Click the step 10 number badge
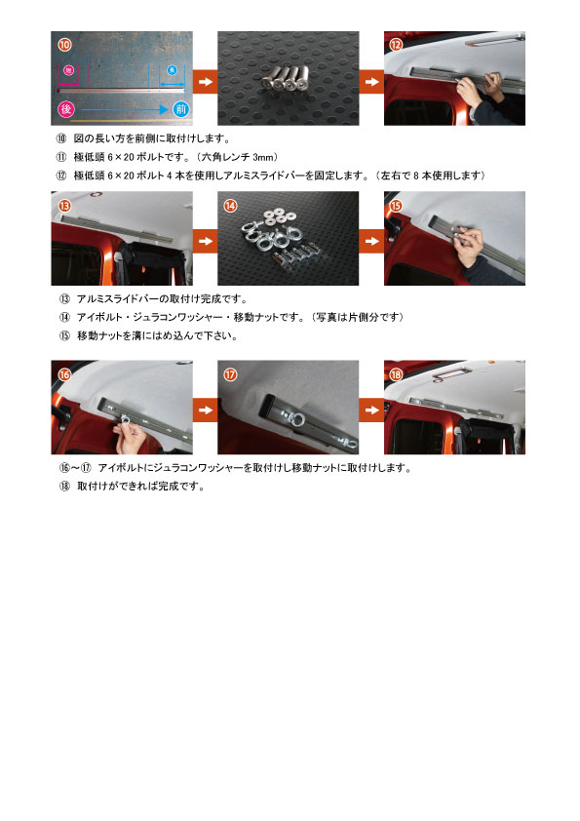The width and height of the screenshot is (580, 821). coord(64,45)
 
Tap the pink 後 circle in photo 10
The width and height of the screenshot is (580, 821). coord(66,109)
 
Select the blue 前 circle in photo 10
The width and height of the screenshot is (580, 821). coord(180,109)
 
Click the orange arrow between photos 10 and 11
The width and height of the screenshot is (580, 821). coord(206,82)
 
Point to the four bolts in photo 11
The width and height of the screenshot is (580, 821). coord(287,79)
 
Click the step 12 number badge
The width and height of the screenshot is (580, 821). coord(397,45)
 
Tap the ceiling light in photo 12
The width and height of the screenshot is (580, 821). coord(494,41)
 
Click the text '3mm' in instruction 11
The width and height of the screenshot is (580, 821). coord(263,157)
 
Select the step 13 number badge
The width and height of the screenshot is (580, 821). coord(64,205)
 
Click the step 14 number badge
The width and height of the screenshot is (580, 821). coord(230,205)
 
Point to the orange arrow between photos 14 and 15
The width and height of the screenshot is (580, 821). coord(371,241)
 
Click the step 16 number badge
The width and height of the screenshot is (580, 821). coord(64,373)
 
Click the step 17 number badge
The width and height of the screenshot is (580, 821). coord(230,373)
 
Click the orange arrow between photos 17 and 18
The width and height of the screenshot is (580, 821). coord(371,410)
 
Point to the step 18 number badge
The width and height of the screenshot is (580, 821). coord(397,373)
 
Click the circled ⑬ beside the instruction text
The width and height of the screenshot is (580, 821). coord(64,299)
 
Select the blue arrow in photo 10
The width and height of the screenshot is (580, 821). coord(125,109)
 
